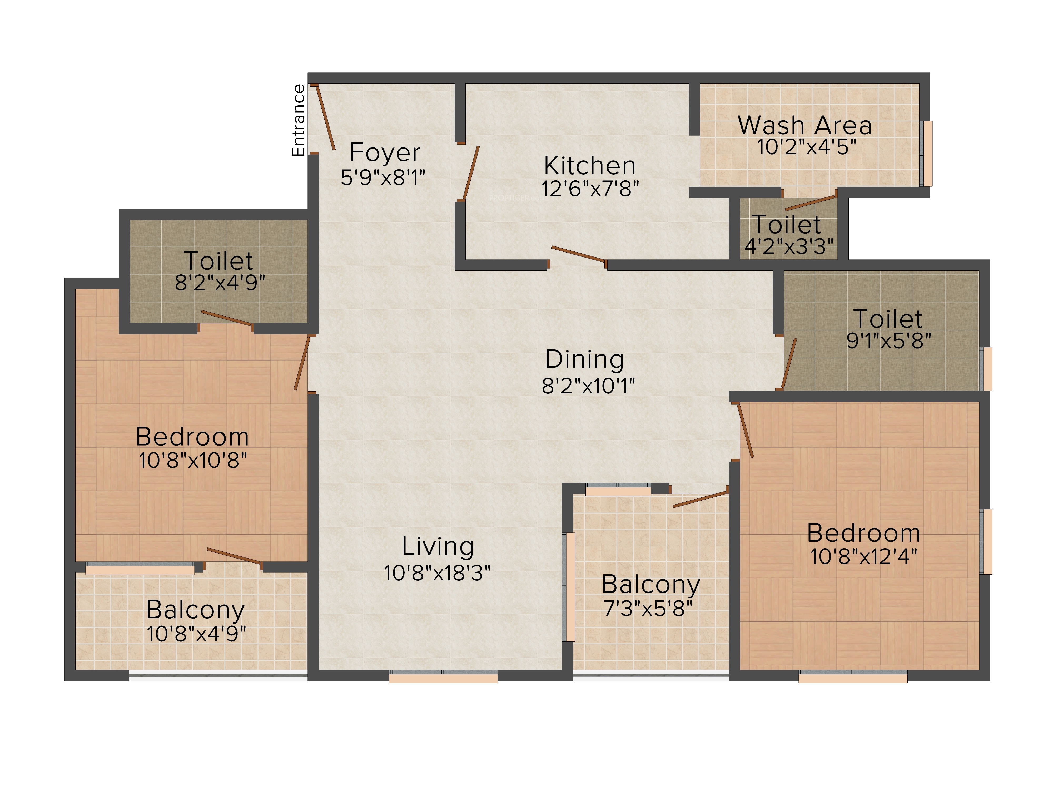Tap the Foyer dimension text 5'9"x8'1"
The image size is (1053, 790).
pos(383,178)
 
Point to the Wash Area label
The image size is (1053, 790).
pos(805,125)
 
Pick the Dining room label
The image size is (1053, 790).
pos(585,359)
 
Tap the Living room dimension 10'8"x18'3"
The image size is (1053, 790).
pos(437,573)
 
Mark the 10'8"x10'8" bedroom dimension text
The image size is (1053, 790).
pos(193,461)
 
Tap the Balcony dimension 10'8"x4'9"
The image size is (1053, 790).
pos(196,634)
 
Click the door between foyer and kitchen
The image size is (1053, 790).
pos(470,173)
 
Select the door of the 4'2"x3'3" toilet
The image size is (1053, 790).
pos(811,203)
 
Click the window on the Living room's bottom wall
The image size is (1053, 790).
pos(443,676)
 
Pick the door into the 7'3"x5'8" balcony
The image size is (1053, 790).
pos(700,499)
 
